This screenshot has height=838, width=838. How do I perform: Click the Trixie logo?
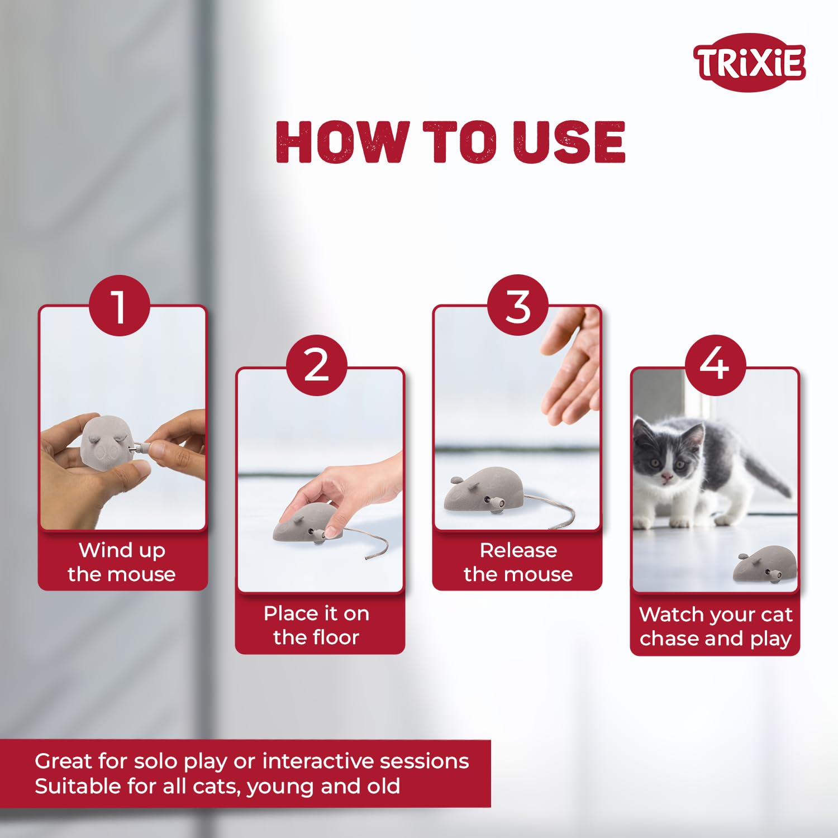point(749,63)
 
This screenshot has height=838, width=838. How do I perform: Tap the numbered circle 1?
point(120,306)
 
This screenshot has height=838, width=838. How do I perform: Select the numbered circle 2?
point(317,366)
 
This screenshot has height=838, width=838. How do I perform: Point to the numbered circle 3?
point(518,305)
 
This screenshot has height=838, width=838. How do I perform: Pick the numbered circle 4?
point(715,366)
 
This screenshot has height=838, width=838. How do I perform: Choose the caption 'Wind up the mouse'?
point(122,562)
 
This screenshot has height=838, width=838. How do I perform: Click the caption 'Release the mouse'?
point(518,562)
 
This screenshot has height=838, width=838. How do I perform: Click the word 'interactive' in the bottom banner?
point(310,761)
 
